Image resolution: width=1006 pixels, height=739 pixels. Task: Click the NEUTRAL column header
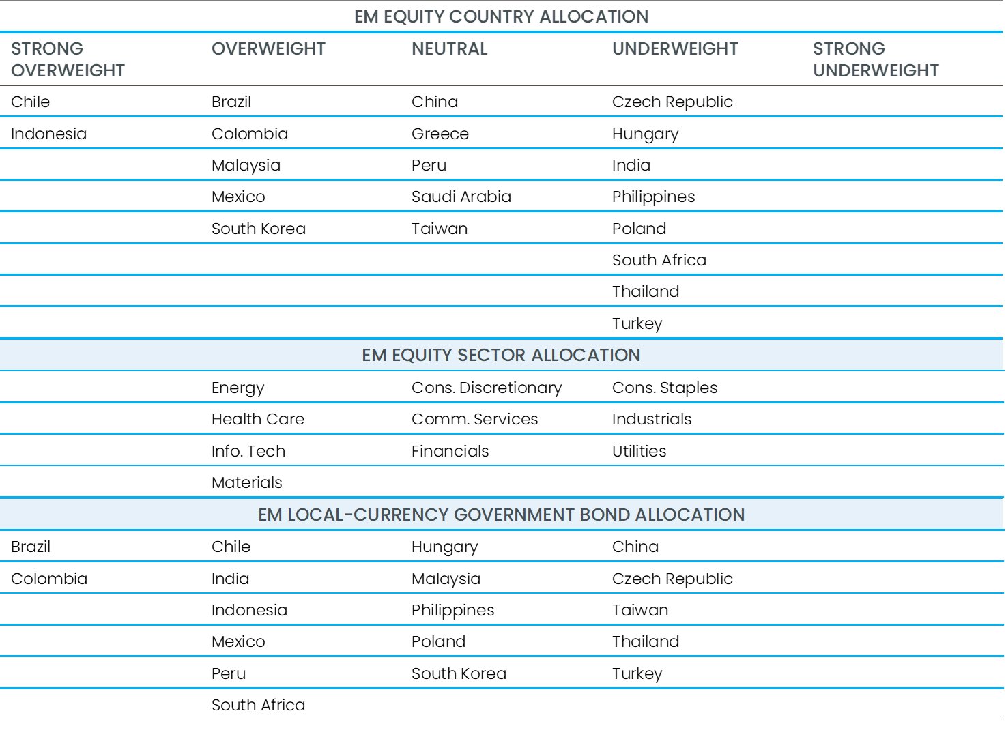(x=449, y=49)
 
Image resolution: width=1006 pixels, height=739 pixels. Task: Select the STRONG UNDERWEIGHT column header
(x=875, y=59)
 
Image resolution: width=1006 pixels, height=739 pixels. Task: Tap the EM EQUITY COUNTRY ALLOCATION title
(x=501, y=16)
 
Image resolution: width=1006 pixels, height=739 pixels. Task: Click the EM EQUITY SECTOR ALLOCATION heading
(x=501, y=355)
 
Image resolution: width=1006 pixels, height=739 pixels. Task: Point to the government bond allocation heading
(x=501, y=515)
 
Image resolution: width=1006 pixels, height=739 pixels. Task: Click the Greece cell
(x=440, y=134)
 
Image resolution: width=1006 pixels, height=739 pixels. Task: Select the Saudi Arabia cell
(x=461, y=197)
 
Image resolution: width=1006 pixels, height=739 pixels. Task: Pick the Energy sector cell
(x=238, y=388)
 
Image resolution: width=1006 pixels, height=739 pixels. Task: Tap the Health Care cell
(x=257, y=419)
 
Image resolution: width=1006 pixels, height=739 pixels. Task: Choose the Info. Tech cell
(x=248, y=451)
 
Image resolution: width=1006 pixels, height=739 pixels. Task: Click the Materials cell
(x=246, y=482)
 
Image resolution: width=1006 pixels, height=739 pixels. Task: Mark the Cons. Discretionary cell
(x=486, y=388)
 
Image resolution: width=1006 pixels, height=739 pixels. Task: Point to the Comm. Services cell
(x=474, y=419)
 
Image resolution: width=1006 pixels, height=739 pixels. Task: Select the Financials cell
(x=450, y=451)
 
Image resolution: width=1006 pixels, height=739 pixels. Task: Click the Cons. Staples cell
(x=664, y=388)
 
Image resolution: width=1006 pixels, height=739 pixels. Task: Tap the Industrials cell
(x=651, y=419)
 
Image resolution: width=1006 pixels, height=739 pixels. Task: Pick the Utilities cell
(x=639, y=451)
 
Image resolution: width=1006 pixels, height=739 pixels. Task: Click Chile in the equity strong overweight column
(x=30, y=102)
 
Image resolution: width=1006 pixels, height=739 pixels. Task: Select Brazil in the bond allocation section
(x=30, y=547)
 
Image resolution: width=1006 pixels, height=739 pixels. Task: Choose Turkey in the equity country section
(x=637, y=323)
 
